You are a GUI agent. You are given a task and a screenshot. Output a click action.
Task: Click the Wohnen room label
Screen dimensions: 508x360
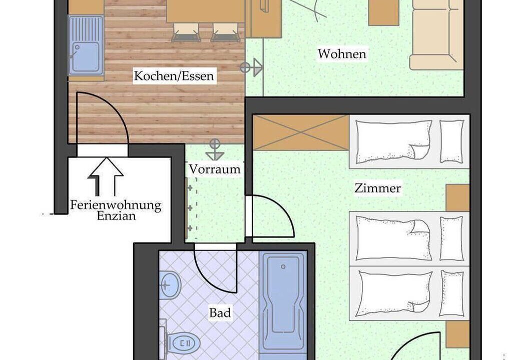(342, 53)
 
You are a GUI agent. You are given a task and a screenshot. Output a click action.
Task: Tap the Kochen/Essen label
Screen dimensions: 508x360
(174, 76)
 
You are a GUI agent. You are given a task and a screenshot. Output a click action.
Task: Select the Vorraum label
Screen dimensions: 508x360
(215, 169)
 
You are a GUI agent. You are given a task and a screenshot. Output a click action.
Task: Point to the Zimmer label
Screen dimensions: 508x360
(377, 188)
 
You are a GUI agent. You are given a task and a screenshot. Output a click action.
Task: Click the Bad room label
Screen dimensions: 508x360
(220, 313)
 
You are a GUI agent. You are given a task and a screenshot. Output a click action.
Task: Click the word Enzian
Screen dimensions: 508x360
(116, 216)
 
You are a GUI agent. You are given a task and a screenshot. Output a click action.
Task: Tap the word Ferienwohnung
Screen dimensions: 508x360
(116, 205)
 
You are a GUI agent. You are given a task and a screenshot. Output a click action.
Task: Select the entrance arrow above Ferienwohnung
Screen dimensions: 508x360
(106, 176)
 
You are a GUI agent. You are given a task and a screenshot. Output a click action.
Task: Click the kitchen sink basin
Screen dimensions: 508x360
(85, 57)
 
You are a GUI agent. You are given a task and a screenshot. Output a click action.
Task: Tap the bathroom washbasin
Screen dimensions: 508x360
(170, 285)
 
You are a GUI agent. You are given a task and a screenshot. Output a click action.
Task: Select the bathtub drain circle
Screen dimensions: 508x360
(283, 267)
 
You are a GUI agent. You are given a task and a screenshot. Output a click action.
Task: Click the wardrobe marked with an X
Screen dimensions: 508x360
(301, 132)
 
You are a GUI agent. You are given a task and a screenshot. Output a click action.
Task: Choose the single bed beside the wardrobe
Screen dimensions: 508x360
(409, 142)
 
